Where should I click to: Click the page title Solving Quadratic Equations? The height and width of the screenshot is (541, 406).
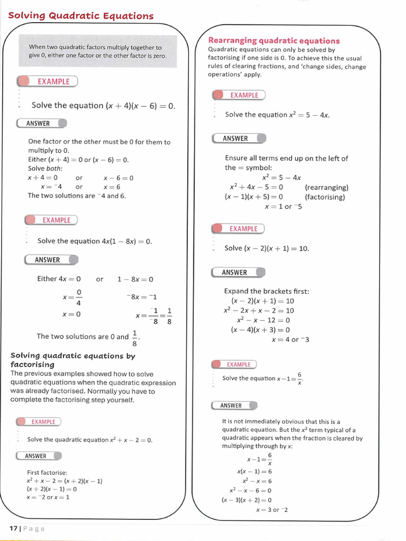[81, 16]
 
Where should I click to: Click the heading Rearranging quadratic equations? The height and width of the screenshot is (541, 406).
[274, 41]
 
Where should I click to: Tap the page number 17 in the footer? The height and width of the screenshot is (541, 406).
[14, 528]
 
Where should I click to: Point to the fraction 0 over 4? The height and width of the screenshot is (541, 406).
[79, 297]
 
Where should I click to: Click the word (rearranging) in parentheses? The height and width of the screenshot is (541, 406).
[326, 188]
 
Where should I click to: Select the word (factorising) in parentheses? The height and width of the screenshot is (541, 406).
[325, 197]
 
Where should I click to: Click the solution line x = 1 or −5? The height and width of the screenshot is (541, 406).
[283, 207]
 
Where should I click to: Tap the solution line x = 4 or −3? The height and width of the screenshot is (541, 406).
[290, 340]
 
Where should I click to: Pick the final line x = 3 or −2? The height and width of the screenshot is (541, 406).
[272, 510]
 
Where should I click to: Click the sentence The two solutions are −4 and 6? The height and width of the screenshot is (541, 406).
[77, 195]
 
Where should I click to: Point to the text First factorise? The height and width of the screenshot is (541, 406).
[47, 472]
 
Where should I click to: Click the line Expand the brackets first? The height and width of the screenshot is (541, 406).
[266, 291]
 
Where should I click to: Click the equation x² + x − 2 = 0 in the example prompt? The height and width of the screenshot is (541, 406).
[131, 440]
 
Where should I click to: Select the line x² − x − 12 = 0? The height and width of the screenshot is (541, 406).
[263, 320]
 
